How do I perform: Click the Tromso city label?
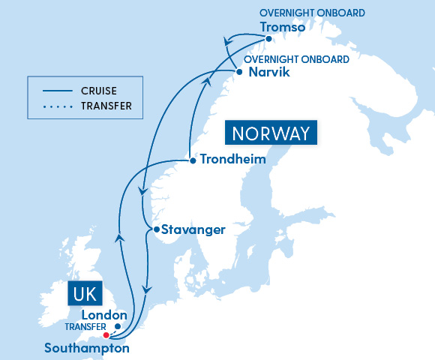coord(283,27)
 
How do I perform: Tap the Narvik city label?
coord(268,73)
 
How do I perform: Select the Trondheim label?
coord(233,160)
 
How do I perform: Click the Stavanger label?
coord(193,229)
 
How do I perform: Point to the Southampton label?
coord(87,348)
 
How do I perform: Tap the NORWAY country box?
coord(270,134)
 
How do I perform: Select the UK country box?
coord(85,292)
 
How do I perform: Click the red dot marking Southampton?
coord(106,335)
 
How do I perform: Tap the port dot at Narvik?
coord(238,73)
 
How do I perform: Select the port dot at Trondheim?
coord(193,160)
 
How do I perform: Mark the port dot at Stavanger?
coord(155,229)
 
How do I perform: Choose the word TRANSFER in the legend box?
coord(106,106)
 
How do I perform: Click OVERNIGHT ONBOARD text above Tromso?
coord(312,13)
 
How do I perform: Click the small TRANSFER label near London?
coord(81,328)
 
